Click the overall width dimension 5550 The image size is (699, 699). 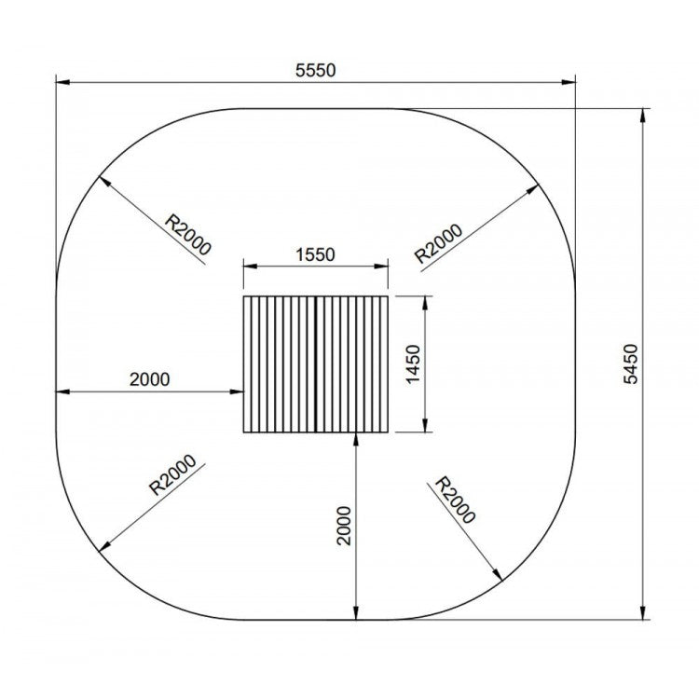pos(314,70)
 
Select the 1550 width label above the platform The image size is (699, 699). pos(315,254)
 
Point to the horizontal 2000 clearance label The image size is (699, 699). pos(149,378)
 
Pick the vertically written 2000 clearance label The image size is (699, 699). pos(345,526)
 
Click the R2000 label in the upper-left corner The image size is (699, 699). pos(188,234)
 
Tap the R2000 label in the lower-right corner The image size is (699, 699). pos(456,500)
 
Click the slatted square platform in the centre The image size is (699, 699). pos(315,365)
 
